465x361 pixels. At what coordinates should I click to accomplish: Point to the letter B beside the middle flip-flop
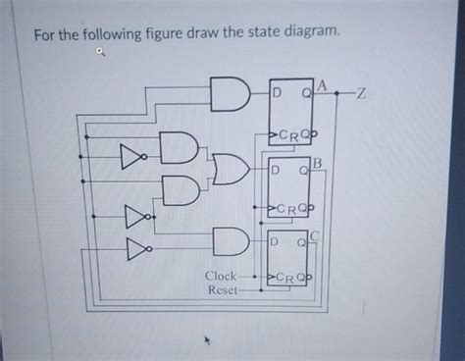tap(318, 160)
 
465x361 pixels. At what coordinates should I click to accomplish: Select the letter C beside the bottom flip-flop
tap(313, 236)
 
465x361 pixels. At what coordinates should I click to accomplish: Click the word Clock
tap(220, 277)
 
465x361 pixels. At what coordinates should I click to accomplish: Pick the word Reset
tap(223, 291)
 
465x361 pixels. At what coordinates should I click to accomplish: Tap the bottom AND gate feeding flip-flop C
tap(230, 240)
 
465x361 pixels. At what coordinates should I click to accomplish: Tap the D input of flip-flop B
tap(277, 170)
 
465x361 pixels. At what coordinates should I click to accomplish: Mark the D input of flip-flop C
tap(277, 241)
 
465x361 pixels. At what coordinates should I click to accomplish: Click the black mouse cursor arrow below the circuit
tap(206, 341)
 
